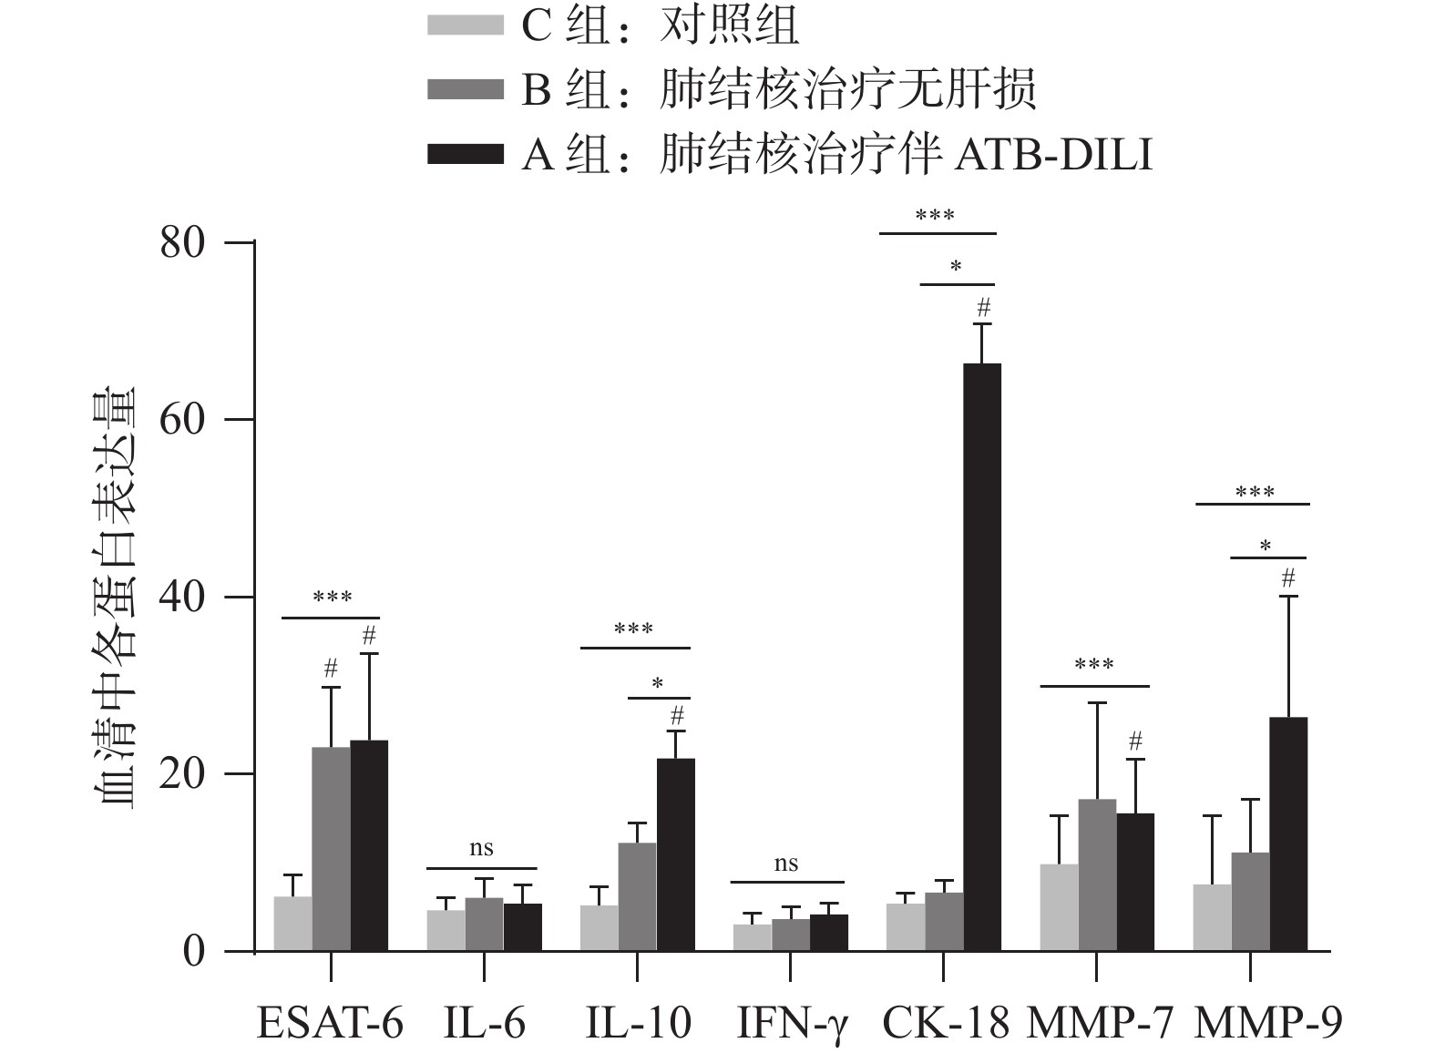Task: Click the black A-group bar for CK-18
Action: (981, 656)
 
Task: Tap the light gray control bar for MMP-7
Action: (1059, 907)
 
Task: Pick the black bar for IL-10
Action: (675, 854)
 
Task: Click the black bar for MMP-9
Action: (1287, 833)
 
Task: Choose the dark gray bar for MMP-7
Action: (1097, 874)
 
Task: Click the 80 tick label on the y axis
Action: (181, 243)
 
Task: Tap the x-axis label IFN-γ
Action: (791, 1023)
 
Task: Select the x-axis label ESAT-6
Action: (330, 1023)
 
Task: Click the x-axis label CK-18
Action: (945, 1023)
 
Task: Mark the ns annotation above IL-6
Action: (481, 849)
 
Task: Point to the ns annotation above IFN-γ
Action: (786, 864)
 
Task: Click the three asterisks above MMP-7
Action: (1093, 665)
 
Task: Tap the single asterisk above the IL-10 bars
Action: (658, 684)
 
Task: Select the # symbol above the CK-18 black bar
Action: (982, 308)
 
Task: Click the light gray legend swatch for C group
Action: (465, 25)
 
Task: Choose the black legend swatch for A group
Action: (465, 155)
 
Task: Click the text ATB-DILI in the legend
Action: (1054, 155)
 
